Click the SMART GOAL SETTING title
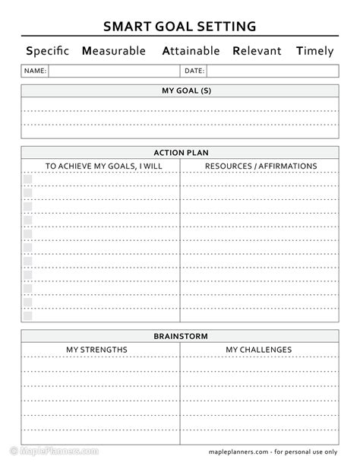click(179, 27)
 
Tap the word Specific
click(47, 52)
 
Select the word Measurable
click(115, 52)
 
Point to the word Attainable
click(191, 52)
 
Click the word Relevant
click(257, 52)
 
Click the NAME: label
click(36, 71)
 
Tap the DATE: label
click(194, 71)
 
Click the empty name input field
click(114, 71)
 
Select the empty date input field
click(272, 71)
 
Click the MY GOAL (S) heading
click(180, 91)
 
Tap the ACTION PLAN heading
click(180, 152)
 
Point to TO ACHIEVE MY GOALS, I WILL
click(100, 166)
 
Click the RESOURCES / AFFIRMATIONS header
click(261, 166)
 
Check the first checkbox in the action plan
click(27, 179)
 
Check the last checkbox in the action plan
click(27, 315)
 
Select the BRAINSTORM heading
click(180, 335)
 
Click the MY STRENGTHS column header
click(96, 350)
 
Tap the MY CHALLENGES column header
click(258, 350)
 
